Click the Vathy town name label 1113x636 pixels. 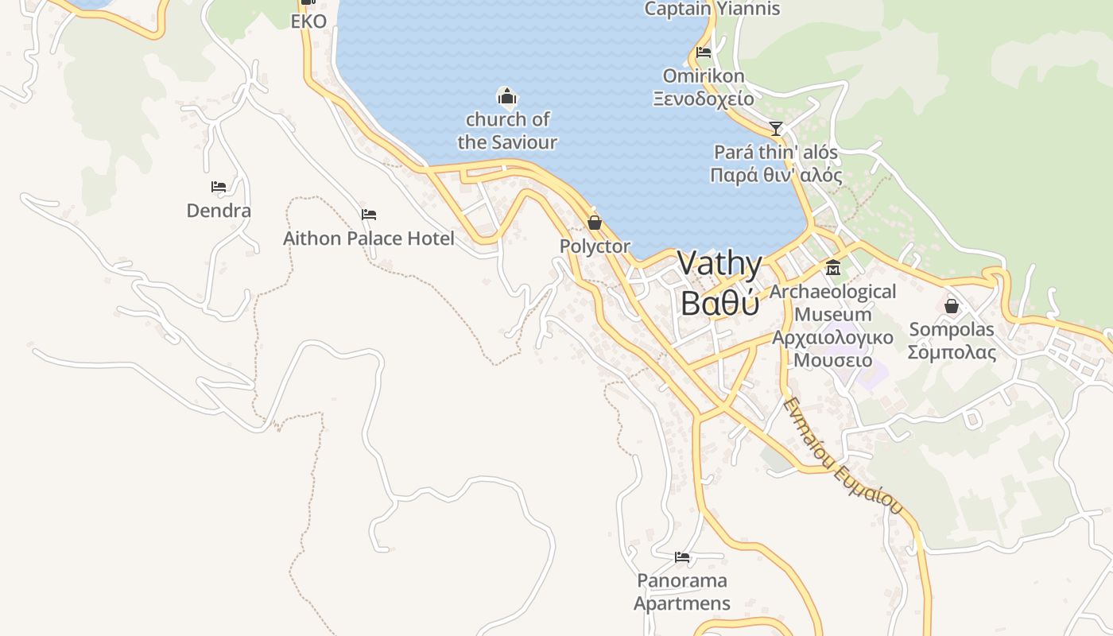(720, 265)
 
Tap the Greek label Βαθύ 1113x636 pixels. (720, 302)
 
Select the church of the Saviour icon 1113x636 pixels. (506, 97)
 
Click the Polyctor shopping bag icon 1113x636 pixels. (594, 223)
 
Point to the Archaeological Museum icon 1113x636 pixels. (832, 268)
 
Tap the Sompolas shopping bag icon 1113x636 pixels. (951, 306)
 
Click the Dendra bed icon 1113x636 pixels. (219, 187)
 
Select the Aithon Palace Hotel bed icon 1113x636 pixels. (368, 215)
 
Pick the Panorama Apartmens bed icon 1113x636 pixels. (681, 557)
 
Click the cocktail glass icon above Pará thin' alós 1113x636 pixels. (776, 128)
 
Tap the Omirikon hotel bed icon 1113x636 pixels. (704, 53)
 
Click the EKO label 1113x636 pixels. (308, 21)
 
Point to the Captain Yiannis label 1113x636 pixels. (712, 10)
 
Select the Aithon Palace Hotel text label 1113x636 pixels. (369, 238)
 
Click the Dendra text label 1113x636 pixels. (219, 211)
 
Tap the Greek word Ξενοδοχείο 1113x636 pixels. (704, 99)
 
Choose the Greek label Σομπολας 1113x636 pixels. (952, 352)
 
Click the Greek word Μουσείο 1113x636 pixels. (832, 360)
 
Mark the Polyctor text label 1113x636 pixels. (595, 246)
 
